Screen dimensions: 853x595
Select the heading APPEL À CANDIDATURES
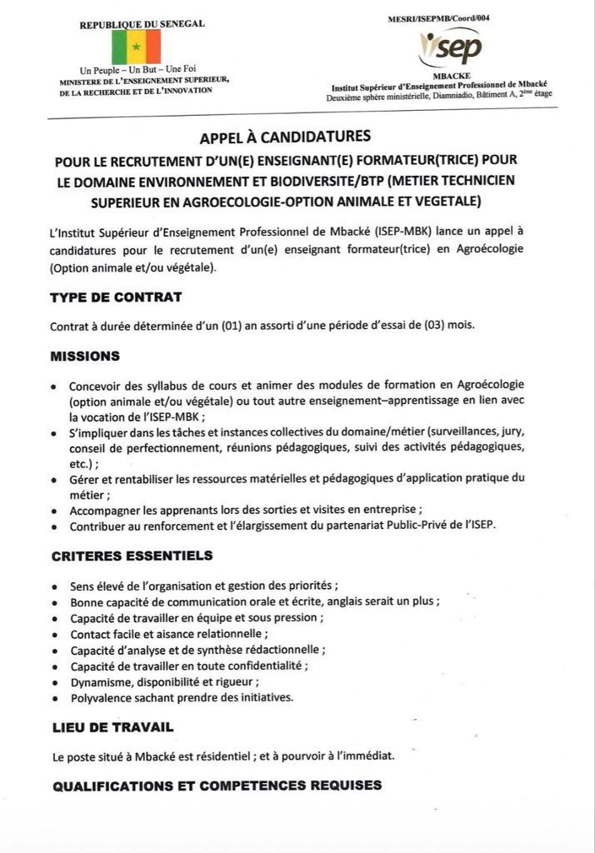click(x=297, y=134)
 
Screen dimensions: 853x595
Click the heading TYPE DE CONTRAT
click(x=115, y=297)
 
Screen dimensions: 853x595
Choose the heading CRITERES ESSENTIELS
click(x=131, y=556)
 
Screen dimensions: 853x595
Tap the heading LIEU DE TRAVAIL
click(x=112, y=727)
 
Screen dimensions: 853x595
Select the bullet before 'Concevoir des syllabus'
click(x=54, y=387)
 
